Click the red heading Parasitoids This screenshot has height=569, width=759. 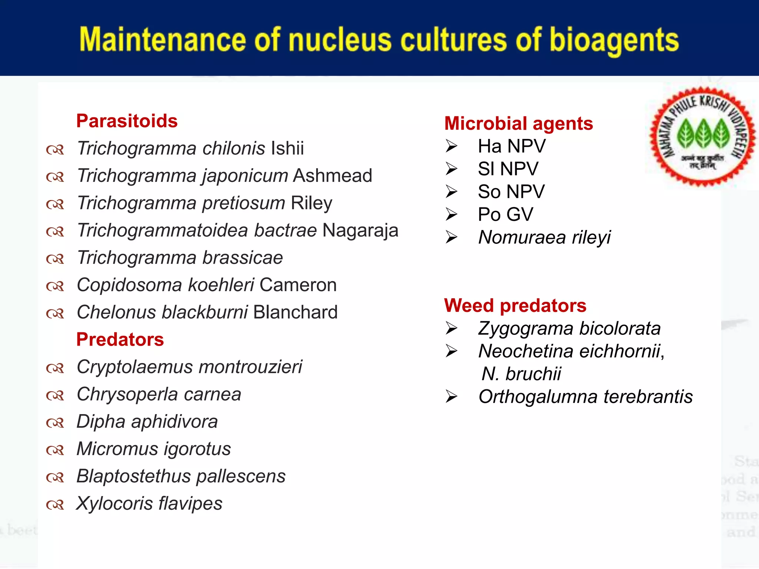127,121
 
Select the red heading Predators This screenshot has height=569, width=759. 120,340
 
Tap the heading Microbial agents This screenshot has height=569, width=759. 518,123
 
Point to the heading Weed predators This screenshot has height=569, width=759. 515,306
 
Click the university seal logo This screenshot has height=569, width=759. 703,136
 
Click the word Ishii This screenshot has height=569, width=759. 288,148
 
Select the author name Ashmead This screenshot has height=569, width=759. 332,176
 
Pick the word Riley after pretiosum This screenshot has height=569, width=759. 311,203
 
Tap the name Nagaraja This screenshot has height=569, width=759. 360,230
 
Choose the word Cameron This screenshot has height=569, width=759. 298,285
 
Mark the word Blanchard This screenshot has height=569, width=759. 295,312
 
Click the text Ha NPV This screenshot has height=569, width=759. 511,146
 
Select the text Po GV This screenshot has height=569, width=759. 506,214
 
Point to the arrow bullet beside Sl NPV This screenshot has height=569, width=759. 451,169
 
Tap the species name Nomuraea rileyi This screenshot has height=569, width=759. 544,237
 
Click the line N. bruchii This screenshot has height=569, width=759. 521,374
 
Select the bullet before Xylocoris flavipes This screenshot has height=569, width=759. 55,505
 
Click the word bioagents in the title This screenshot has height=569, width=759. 614,40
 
